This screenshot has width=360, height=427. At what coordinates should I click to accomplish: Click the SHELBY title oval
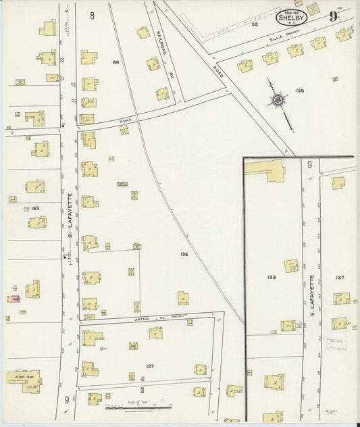click(x=291, y=18)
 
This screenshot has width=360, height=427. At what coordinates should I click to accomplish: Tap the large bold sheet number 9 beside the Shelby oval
click(x=333, y=17)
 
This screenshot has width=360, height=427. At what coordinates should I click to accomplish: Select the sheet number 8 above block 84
click(x=92, y=14)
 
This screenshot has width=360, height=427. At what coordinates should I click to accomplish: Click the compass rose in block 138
click(x=277, y=101)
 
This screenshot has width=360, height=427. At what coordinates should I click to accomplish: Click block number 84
click(x=115, y=62)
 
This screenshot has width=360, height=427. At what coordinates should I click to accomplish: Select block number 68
click(x=255, y=24)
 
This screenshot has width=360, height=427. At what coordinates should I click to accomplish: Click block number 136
click(x=184, y=253)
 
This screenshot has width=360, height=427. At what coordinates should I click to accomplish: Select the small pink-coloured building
click(x=12, y=298)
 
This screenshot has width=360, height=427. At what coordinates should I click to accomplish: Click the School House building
click(x=24, y=380)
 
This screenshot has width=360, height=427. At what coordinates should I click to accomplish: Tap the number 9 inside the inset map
click(x=309, y=164)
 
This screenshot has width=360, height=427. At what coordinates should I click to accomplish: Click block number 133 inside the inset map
click(x=272, y=277)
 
